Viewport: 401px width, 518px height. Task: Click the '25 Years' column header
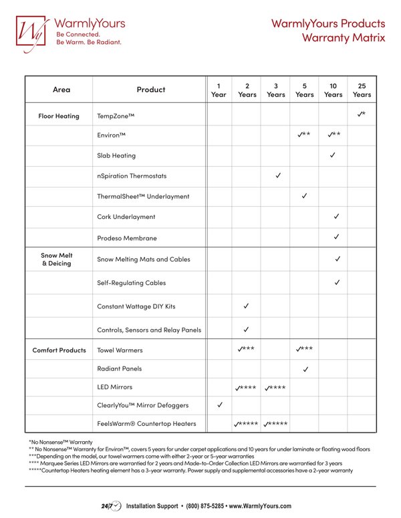[x=362, y=90]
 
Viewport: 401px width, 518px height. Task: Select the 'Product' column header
[x=150, y=89]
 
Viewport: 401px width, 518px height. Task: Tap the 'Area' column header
[x=61, y=89]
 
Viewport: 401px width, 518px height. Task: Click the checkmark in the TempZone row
[x=360, y=115]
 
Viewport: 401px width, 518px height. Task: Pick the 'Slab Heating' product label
[x=116, y=156]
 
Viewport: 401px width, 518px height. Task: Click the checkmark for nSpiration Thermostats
[x=278, y=176]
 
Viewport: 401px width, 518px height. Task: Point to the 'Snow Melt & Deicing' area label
[x=57, y=260]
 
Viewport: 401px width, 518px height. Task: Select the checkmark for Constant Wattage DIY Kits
[x=247, y=306]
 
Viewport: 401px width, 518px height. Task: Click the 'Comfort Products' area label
[x=59, y=350]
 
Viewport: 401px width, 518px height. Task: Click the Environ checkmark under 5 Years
[x=301, y=135]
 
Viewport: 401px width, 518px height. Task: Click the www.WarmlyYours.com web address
[x=260, y=507]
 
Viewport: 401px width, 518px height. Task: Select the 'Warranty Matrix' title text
[x=343, y=38]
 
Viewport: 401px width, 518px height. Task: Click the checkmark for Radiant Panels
[x=305, y=368]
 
